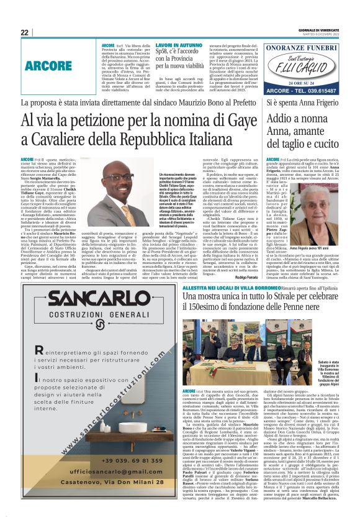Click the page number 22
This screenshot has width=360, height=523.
tap(25, 32)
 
